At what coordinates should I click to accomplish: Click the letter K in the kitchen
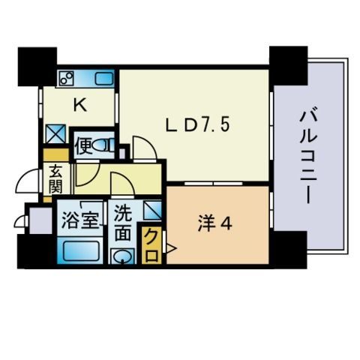tap(79, 106)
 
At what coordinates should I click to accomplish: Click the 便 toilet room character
tap(82, 143)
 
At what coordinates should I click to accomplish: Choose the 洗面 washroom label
tap(123, 223)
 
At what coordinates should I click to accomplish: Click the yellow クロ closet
tap(149, 247)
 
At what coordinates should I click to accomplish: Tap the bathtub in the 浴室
tap(80, 250)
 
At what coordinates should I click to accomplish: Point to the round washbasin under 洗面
tap(122, 256)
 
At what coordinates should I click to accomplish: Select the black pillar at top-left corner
tap(37, 65)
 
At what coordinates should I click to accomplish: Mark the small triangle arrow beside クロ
tap(171, 247)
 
